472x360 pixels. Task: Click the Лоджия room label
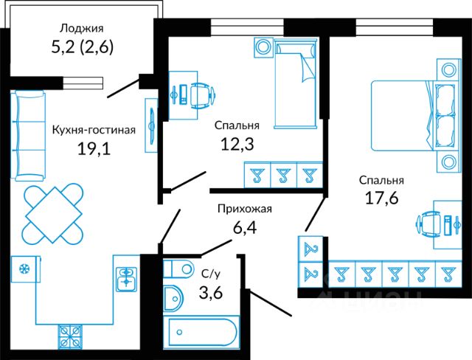[80, 30]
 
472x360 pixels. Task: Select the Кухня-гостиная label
[94, 130]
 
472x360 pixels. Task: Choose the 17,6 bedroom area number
[381, 198]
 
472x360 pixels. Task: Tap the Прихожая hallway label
[244, 209]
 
